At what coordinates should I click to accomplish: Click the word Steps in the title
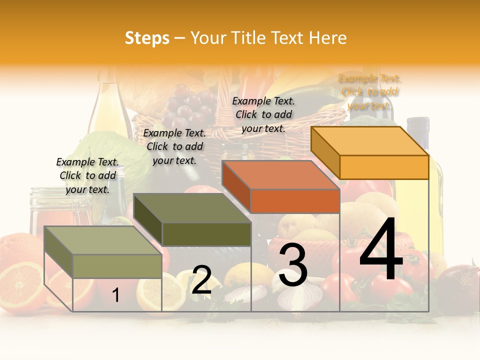[147, 38]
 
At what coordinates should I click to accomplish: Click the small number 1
[115, 295]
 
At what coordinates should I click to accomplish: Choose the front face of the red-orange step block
[295, 201]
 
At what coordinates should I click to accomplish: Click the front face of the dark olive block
[206, 234]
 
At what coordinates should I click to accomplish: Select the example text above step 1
[87, 175]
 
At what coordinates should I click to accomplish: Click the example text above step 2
[174, 146]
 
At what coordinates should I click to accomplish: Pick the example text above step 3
[263, 114]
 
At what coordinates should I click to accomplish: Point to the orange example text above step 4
[369, 92]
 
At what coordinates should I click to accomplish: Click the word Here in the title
[328, 38]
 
